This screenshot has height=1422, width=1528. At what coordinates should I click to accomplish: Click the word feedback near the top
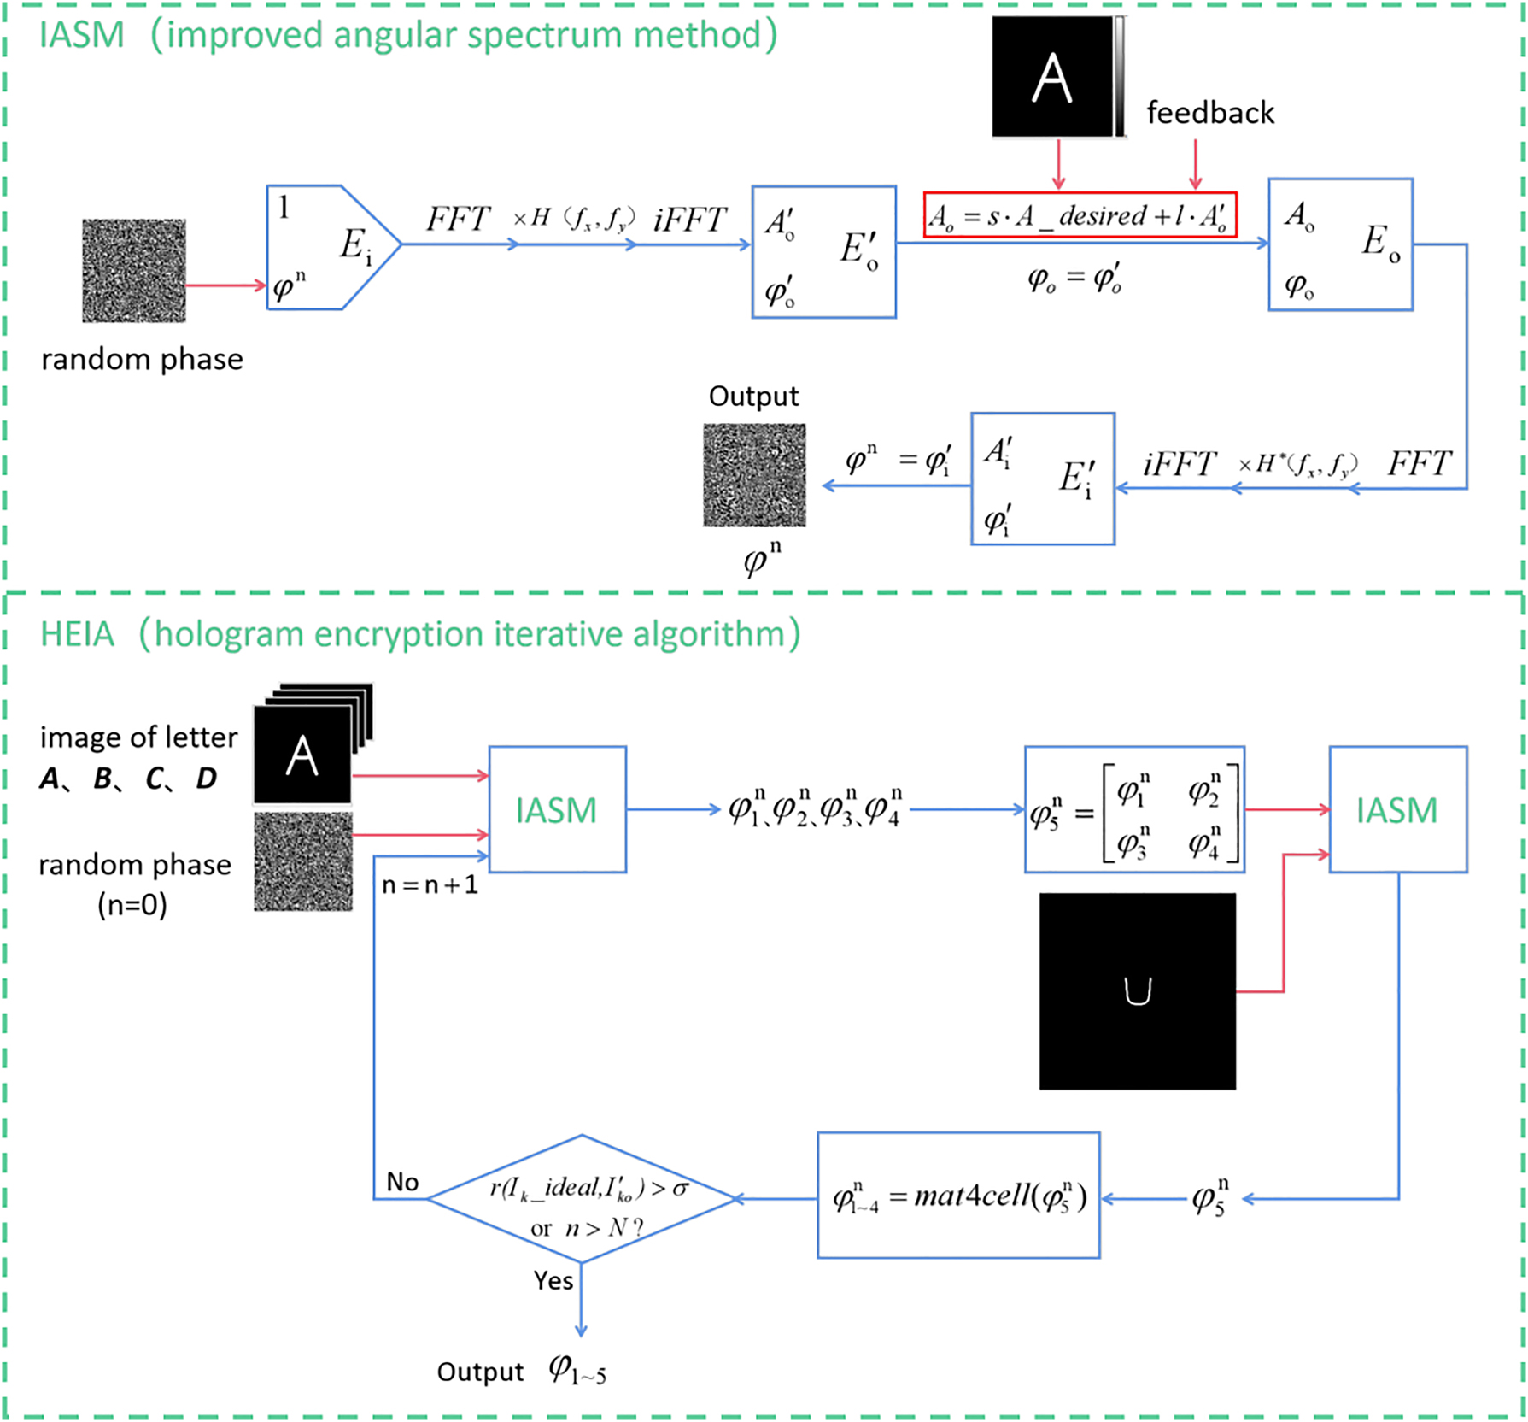[1209, 113]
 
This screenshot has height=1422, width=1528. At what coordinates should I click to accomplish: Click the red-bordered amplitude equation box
[1080, 215]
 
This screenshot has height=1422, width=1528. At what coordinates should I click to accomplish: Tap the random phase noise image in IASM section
[134, 271]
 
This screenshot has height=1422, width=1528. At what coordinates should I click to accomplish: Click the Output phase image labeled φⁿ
[754, 475]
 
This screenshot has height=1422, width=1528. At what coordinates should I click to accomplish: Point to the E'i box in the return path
[1042, 479]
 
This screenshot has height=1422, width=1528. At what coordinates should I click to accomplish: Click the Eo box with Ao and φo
[1339, 244]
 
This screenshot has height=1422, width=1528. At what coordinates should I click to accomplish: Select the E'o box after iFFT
[823, 252]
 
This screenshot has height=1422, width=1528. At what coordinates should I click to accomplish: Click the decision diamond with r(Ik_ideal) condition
[581, 1198]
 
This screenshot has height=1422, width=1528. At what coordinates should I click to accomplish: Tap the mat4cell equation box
[957, 1195]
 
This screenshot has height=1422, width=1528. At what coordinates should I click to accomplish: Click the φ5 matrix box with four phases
[1133, 809]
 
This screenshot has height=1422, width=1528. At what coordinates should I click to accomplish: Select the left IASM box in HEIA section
[557, 809]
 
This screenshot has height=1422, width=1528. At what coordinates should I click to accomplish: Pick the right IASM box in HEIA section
[1397, 809]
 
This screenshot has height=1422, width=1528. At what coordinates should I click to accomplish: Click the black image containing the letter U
[1137, 991]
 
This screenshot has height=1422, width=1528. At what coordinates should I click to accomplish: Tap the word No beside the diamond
[402, 1182]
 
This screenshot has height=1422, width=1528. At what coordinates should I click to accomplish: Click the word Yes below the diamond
[553, 1280]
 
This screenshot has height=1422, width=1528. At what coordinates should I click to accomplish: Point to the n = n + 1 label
[430, 885]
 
